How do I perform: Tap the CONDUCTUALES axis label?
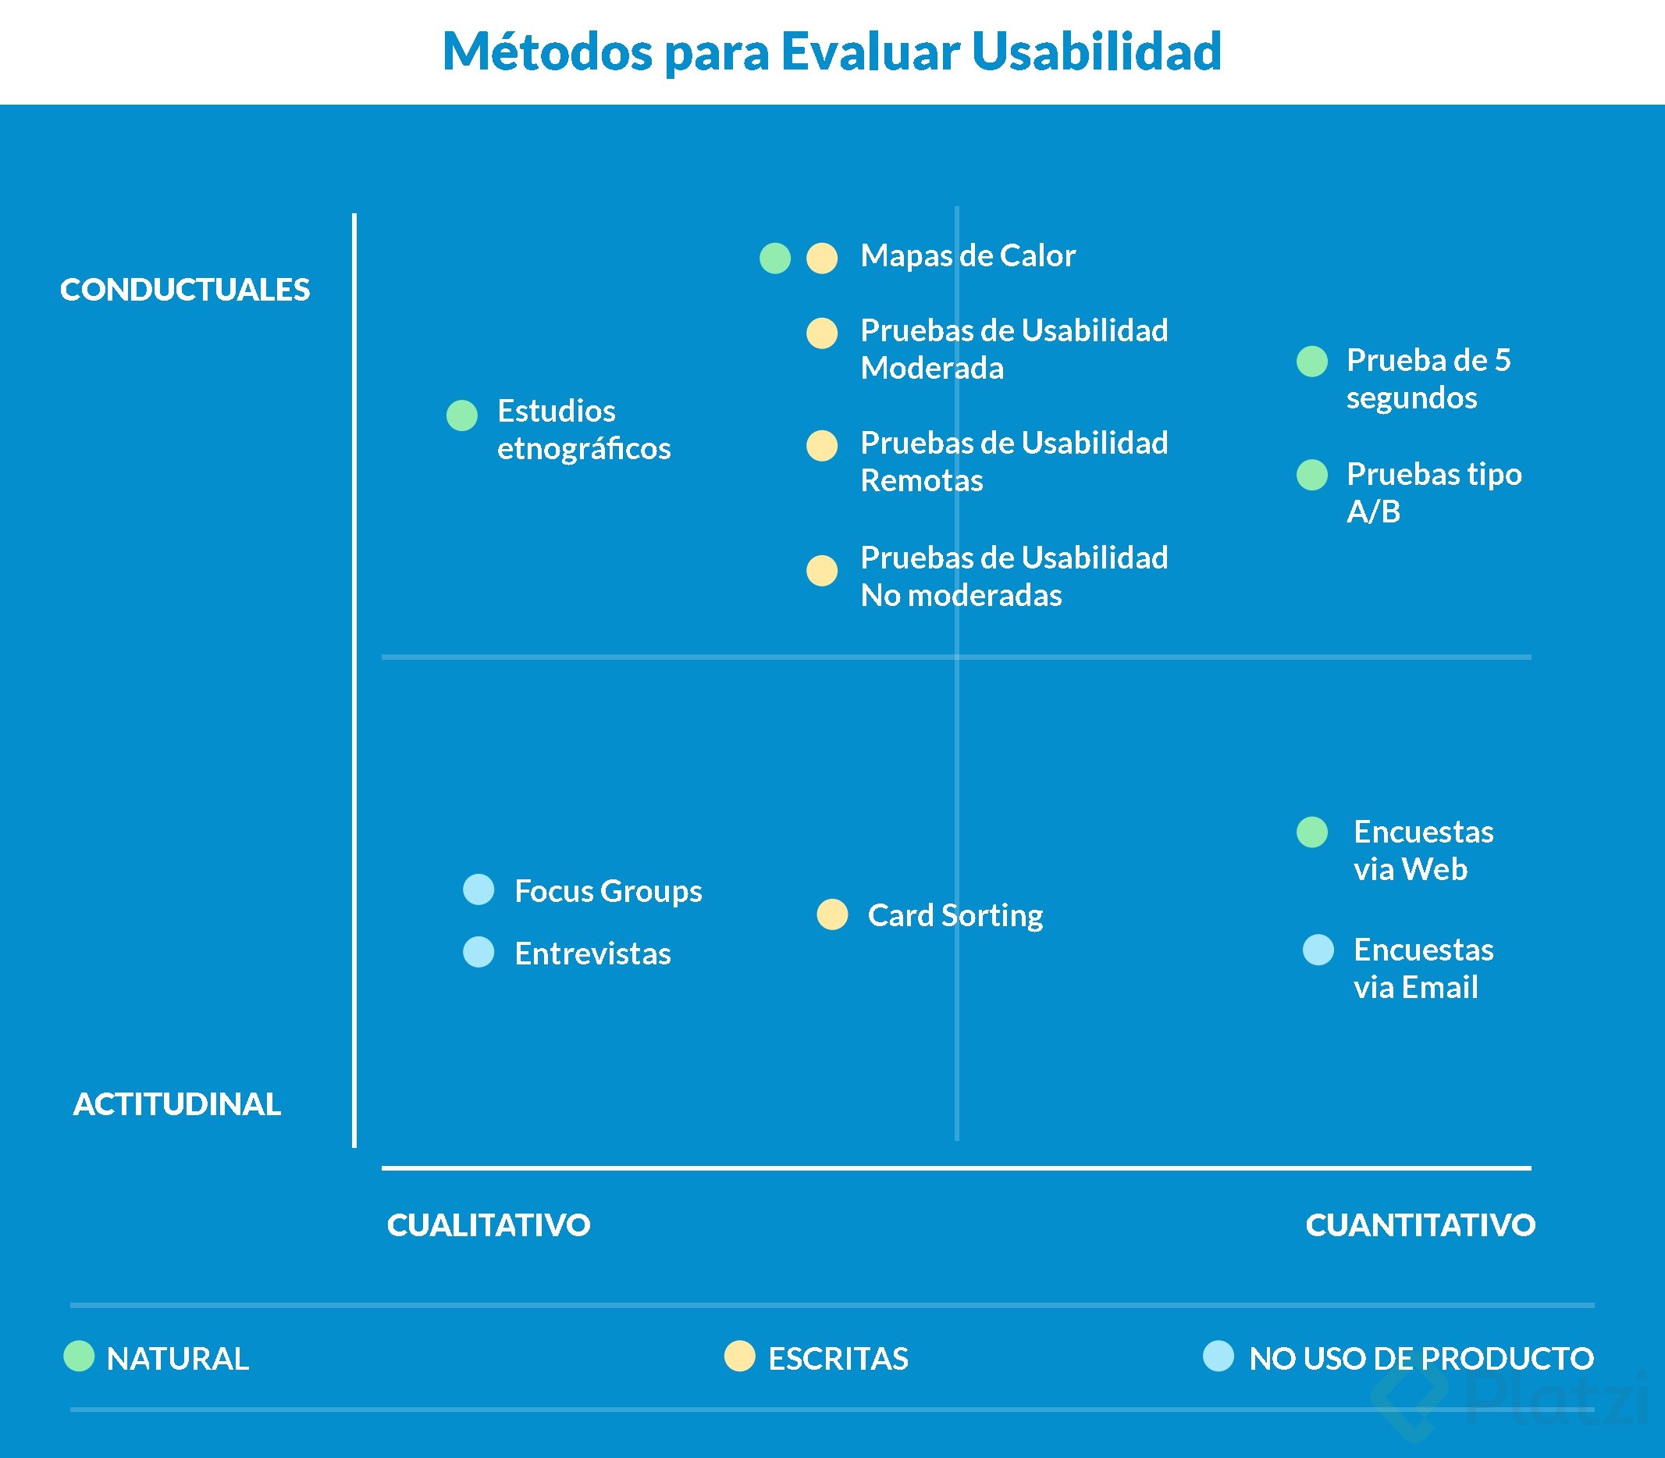(x=185, y=290)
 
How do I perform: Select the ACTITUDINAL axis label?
(x=176, y=1104)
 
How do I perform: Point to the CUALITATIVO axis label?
(x=488, y=1225)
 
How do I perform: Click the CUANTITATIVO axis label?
(x=1420, y=1225)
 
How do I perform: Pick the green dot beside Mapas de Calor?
(x=774, y=258)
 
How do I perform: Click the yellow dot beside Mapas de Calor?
(x=821, y=258)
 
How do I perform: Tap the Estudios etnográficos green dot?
(x=461, y=415)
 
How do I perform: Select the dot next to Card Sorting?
(x=831, y=914)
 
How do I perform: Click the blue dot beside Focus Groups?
(x=479, y=889)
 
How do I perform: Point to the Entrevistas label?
(x=592, y=954)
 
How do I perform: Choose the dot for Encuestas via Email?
(x=1318, y=950)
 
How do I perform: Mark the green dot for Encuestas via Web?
(x=1311, y=832)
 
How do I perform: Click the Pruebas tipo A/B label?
(x=1433, y=492)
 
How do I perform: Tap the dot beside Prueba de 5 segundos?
(x=1311, y=362)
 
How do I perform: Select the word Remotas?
(x=922, y=481)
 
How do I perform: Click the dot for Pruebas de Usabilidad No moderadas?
(x=821, y=570)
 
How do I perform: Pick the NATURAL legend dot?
(x=79, y=1356)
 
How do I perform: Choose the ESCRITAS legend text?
(x=838, y=1359)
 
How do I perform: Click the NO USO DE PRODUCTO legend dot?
(x=1218, y=1356)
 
